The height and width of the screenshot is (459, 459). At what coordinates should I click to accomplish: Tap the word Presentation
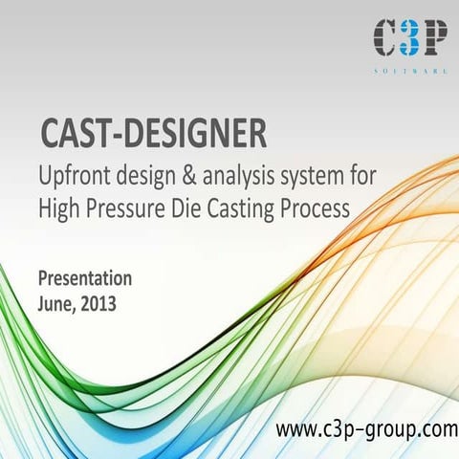click(x=85, y=278)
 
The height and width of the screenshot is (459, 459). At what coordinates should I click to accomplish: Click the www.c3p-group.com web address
click(x=366, y=431)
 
